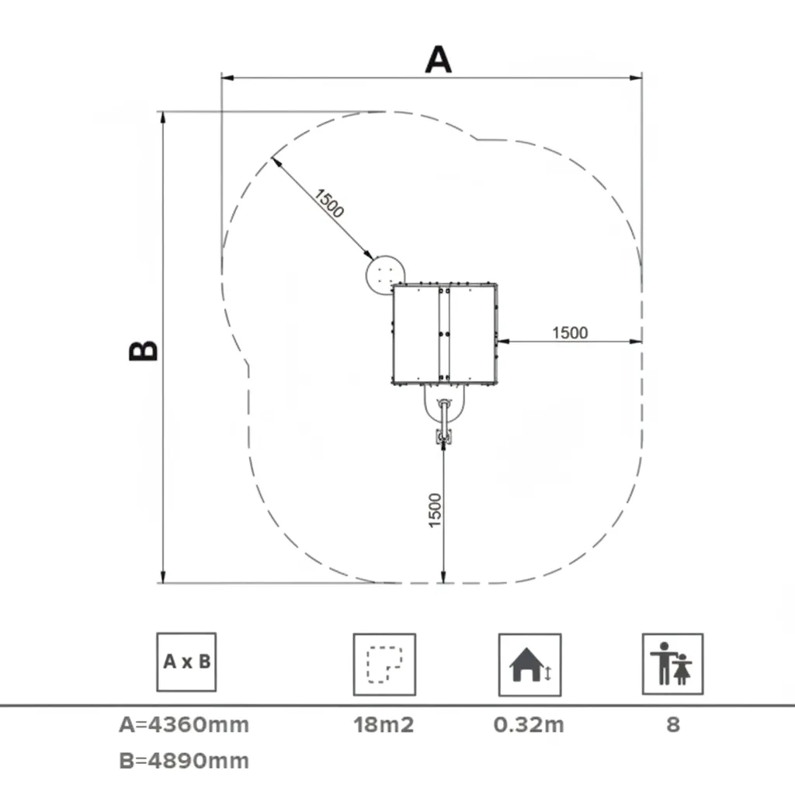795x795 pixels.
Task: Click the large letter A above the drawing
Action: point(439,59)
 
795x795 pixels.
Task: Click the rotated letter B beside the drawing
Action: point(144,350)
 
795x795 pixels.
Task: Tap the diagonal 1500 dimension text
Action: point(329,203)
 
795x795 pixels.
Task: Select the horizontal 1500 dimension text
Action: point(570,332)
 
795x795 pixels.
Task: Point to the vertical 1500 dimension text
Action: point(435,510)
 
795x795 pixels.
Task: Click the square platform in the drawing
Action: point(445,334)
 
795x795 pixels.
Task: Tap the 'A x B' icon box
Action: point(186,662)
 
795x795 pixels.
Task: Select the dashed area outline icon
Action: point(385,665)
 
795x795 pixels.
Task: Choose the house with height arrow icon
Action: point(529,665)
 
